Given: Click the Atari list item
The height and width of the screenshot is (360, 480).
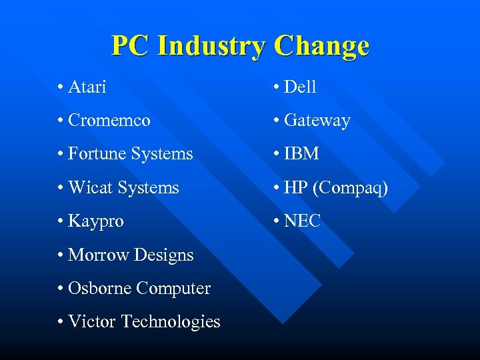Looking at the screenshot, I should (87, 87).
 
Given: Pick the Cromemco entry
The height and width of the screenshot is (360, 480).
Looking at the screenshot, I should (109, 121).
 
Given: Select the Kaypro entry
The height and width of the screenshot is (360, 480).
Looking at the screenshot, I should (96, 221).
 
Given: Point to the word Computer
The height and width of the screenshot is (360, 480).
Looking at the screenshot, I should (173, 289).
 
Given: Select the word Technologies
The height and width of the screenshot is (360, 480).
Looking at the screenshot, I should (171, 322).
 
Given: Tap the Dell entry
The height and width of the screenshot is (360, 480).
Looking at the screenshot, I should (300, 87).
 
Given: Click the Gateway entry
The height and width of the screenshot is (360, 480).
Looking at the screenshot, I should (317, 121).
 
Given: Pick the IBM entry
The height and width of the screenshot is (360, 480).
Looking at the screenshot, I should (301, 154).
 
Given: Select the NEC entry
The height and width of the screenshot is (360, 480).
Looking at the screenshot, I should (303, 221).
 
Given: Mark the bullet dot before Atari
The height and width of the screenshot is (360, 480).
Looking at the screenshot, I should (61, 87).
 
